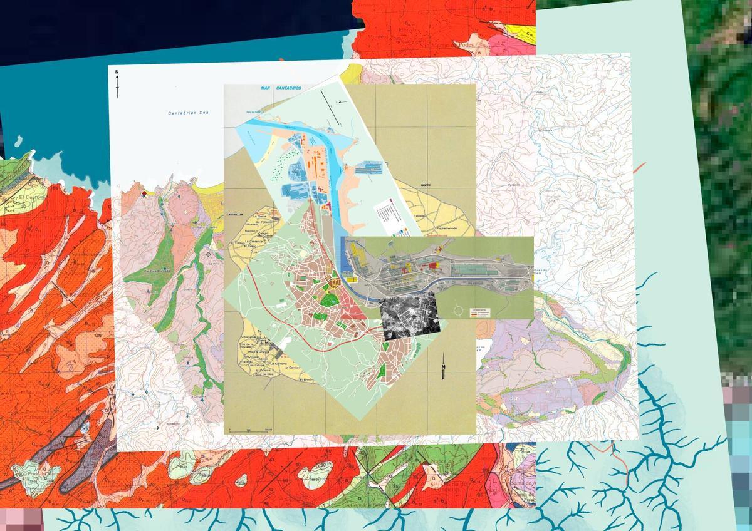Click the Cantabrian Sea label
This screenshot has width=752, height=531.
point(188,113)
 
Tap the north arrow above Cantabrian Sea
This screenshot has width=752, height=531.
point(117,83)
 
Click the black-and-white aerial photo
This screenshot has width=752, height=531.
point(410,314)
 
